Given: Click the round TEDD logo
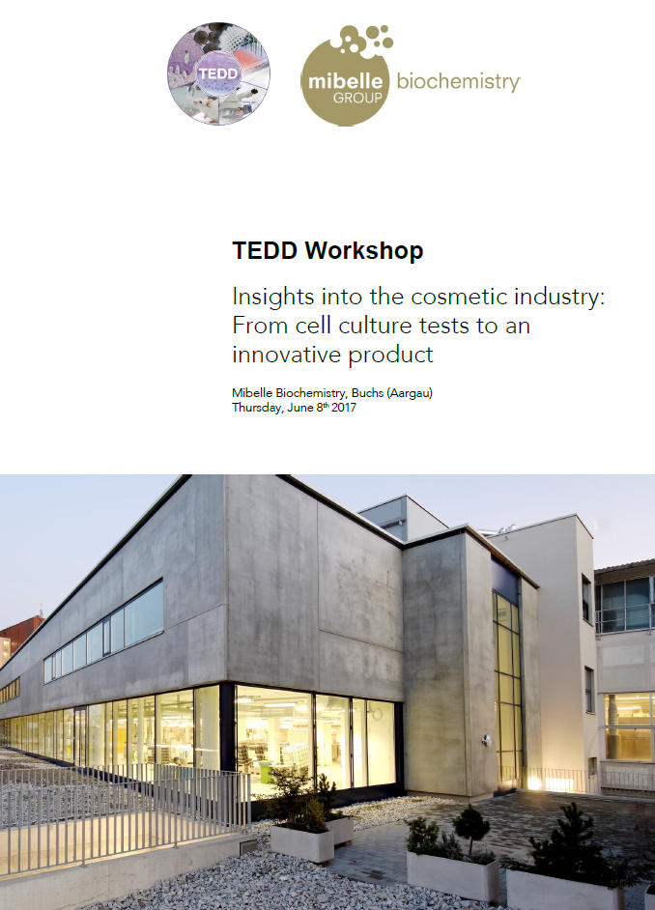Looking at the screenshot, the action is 218,73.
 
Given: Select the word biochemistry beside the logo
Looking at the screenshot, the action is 458,82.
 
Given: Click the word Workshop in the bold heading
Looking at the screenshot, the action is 364,251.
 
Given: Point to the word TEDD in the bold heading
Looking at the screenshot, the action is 265,250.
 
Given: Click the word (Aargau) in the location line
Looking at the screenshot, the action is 410,393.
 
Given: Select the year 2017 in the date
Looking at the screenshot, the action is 344,408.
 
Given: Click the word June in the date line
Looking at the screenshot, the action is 299,408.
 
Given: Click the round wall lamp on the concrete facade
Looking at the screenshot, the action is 487,740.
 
